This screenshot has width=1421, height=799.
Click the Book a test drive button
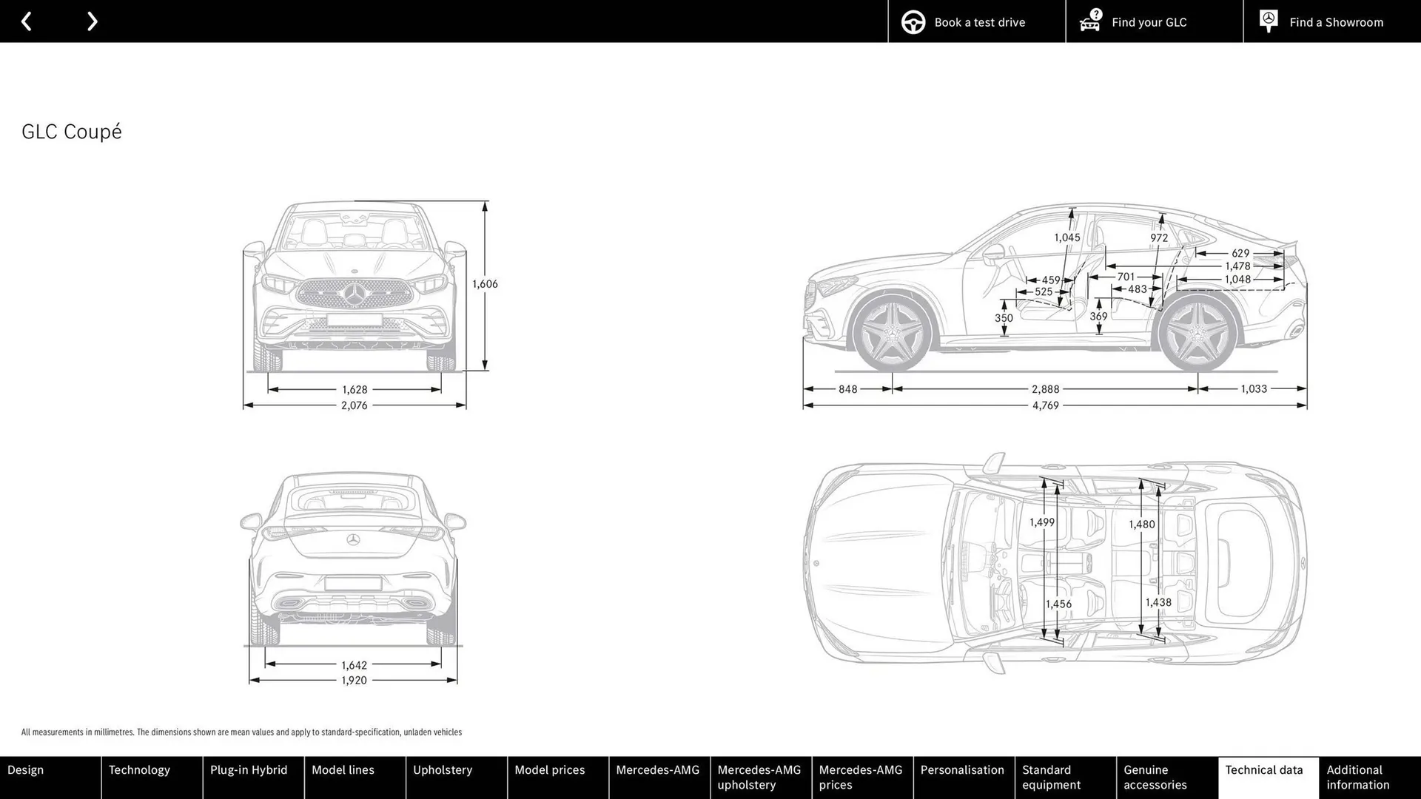[x=976, y=21]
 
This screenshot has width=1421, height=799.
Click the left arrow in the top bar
[x=27, y=21]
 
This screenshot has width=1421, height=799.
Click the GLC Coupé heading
[x=72, y=132]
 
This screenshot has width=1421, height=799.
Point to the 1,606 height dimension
[x=485, y=284]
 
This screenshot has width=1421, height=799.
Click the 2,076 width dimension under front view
[x=354, y=405]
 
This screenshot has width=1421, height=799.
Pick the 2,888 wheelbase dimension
[x=1045, y=389]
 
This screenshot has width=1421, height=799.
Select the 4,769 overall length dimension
[x=1045, y=405]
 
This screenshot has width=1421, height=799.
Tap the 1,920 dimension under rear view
[x=354, y=681]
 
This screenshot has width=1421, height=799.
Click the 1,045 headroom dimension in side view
[x=1066, y=237]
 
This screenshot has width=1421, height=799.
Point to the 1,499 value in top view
[x=1042, y=522]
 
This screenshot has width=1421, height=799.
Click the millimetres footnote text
[x=241, y=732]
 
